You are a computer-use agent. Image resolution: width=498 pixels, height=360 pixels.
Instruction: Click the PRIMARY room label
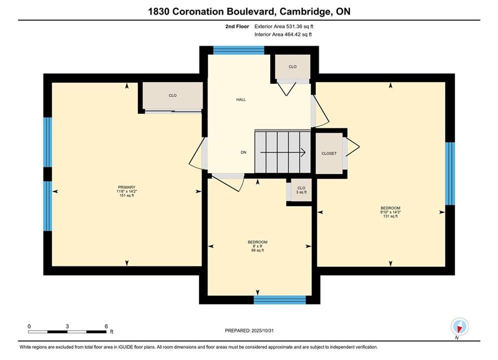[127, 187]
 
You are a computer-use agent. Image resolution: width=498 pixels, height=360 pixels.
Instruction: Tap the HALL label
[241, 99]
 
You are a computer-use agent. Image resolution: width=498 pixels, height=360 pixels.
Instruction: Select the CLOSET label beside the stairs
[329, 153]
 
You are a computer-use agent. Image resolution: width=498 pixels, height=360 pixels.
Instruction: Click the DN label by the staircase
[244, 152]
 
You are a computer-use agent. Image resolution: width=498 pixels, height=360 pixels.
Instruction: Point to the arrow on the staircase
[283, 152]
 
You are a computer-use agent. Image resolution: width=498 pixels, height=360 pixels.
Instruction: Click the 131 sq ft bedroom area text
[390, 216]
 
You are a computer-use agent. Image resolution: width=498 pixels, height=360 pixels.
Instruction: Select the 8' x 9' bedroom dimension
[258, 246]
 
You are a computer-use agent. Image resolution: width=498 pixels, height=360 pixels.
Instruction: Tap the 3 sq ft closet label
[301, 192]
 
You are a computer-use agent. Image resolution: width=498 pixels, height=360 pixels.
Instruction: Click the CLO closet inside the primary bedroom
[173, 95]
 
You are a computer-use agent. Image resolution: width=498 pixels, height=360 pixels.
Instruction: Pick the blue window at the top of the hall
[239, 50]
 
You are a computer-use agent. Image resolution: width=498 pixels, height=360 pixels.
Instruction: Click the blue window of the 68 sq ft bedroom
[280, 299]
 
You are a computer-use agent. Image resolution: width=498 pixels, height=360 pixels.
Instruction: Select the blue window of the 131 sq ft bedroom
[450, 173]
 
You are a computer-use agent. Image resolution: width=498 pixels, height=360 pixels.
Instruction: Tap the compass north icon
[459, 326]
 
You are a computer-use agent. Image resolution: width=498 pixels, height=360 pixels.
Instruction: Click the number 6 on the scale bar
[106, 326]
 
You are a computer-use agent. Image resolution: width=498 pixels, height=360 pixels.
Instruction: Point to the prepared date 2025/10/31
[262, 330]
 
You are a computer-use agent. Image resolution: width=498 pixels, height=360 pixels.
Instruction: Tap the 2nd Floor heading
[237, 26]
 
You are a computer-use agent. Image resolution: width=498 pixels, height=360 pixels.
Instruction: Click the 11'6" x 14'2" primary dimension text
[127, 191]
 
